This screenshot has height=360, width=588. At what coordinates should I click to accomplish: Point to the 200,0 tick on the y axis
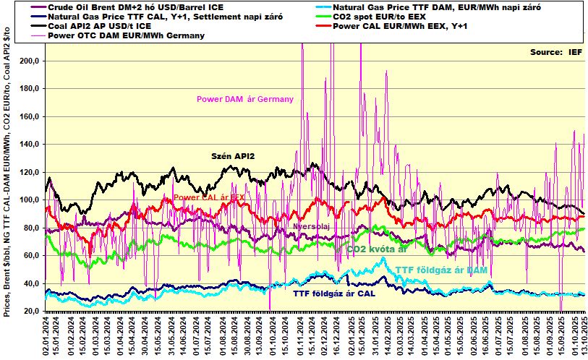click(30, 61)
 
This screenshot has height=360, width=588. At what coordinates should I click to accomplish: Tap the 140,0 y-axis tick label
click(30, 145)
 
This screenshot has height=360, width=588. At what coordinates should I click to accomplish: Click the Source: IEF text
click(555, 52)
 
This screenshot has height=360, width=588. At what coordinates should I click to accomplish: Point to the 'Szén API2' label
click(233, 155)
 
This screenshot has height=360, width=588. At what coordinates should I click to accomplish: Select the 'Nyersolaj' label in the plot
click(312, 226)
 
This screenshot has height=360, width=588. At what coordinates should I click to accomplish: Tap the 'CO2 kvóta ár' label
click(376, 249)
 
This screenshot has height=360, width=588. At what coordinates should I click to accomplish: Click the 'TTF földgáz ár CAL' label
click(333, 293)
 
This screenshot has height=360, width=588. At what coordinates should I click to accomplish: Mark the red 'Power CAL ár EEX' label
click(209, 197)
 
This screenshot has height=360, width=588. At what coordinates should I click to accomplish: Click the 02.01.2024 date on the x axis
click(47, 335)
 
